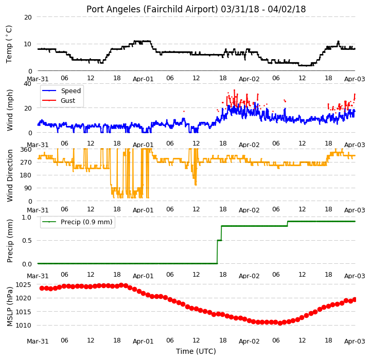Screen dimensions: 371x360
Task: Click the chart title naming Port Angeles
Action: click(196, 9)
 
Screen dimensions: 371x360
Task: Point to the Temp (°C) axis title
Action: click(9, 44)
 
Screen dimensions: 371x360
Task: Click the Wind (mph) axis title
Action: click(9, 110)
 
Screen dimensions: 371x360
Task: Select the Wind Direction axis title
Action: click(9, 175)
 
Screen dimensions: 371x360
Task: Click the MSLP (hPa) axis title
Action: click(9, 307)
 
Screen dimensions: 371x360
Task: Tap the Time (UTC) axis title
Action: click(196, 351)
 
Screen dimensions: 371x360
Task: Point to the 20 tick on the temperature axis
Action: click(28, 17)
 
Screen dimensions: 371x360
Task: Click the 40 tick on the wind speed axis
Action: click(27, 84)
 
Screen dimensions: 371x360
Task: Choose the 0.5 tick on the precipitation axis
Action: click(27, 241)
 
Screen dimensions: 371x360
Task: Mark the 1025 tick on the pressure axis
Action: click(23, 284)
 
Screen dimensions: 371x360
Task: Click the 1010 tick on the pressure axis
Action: click(23, 326)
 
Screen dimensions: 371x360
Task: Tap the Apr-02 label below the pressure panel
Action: click(249, 341)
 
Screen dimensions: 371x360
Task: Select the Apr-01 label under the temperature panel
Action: click(143, 79)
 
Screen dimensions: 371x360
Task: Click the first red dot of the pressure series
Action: click(42, 288)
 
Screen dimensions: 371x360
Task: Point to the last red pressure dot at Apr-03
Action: click(355, 300)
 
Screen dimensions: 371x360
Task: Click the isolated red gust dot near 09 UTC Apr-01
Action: click(184, 111)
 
